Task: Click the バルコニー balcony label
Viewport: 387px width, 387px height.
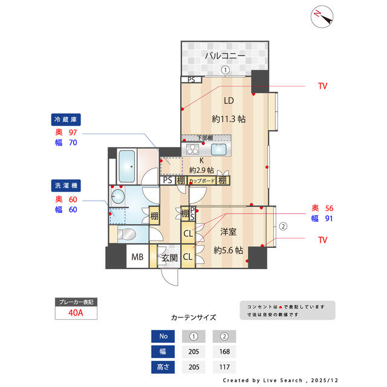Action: (224, 56)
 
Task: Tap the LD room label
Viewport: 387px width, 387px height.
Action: (229, 100)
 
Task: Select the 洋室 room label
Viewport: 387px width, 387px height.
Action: (229, 231)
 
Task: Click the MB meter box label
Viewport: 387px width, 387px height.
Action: (138, 258)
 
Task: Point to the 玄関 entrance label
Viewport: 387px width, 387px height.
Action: (169, 258)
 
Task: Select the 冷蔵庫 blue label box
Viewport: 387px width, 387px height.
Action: (67, 119)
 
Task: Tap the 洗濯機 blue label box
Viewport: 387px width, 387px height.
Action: (67, 184)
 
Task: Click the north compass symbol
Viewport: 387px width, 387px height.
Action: (322, 16)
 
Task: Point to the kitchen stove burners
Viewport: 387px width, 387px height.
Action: (192, 149)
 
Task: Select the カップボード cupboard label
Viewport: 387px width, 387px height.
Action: (202, 180)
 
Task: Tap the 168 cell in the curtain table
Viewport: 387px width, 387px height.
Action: (224, 351)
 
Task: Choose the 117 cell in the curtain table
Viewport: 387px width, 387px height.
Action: (224, 366)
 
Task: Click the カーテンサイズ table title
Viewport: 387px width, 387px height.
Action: (193, 317)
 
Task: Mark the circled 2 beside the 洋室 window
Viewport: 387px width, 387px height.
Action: (282, 227)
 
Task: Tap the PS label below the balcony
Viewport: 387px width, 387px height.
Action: (191, 79)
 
